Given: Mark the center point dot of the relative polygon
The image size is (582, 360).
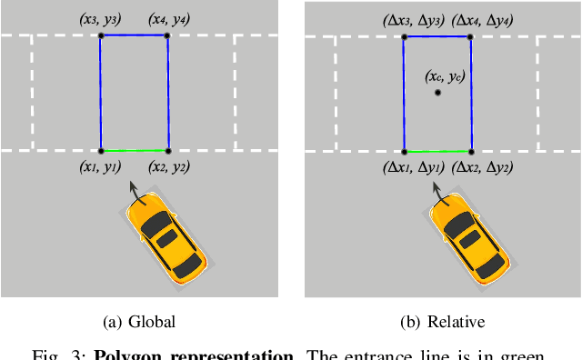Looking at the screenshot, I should point(437,92).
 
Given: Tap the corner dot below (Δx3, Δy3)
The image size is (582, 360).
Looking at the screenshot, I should point(403,36).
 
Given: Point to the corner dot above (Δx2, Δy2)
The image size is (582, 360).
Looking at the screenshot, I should point(471,150).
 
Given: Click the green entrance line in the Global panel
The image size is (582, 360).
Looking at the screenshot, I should point(135,150).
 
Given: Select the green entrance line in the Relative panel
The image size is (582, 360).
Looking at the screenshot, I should point(437,150).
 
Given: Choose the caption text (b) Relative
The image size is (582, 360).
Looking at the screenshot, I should point(442,321).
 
